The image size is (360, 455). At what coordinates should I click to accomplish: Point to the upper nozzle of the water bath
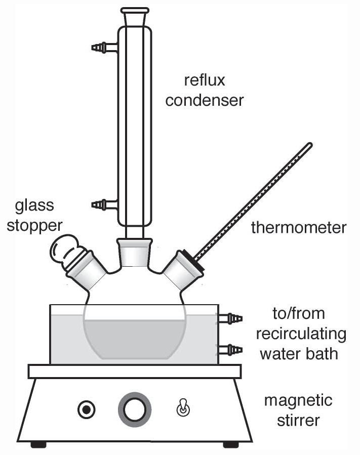click(232, 318)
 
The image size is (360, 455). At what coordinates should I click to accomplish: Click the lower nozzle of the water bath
click(232, 349)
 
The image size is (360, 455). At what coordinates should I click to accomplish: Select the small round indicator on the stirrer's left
click(86, 409)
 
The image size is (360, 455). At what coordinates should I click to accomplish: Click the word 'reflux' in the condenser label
click(205, 80)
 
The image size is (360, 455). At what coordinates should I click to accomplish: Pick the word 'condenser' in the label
click(205, 100)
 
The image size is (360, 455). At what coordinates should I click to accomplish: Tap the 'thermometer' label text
click(299, 228)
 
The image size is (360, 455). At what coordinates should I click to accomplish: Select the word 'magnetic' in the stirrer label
click(298, 401)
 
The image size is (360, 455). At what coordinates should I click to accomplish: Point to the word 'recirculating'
click(301, 335)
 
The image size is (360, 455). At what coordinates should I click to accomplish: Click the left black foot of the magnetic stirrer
click(38, 444)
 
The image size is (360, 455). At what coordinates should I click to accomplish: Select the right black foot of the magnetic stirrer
click(231, 444)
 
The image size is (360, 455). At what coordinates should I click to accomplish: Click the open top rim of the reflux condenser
click(135, 10)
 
